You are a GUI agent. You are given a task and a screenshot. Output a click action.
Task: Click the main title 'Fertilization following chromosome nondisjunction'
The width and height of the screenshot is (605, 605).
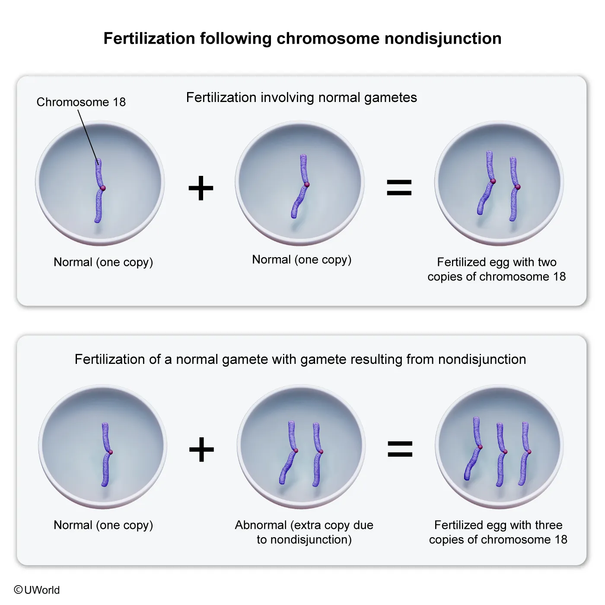click(302, 38)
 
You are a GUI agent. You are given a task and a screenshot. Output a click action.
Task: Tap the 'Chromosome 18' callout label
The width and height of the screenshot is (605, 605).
click(81, 102)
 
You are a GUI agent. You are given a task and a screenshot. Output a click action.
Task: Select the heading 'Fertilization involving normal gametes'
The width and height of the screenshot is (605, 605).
click(301, 98)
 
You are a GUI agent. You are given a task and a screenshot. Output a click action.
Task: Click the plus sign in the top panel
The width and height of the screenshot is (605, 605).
click(201, 188)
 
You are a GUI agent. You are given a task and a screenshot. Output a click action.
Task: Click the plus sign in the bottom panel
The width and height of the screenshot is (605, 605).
click(201, 449)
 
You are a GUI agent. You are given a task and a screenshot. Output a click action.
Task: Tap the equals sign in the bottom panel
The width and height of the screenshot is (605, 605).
click(400, 449)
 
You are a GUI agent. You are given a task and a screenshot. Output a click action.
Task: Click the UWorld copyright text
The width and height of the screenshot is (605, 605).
click(37, 590)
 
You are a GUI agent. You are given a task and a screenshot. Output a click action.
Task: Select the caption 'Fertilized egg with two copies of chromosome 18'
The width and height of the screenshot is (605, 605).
click(497, 269)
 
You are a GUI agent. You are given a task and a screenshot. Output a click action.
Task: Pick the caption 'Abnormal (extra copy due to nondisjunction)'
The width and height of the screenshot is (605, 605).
click(304, 532)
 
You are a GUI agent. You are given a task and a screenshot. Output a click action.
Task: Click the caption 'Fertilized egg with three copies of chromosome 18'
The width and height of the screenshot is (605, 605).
click(498, 532)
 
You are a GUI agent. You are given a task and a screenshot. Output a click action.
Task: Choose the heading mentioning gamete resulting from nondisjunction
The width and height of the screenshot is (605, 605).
click(300, 359)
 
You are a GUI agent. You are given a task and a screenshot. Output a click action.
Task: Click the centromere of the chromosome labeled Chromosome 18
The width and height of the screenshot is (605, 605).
click(103, 188)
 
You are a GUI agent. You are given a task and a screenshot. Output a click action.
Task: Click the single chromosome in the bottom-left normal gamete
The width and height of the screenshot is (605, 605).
click(106, 454)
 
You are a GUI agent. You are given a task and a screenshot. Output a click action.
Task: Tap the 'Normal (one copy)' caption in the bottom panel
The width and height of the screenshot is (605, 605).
click(103, 525)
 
